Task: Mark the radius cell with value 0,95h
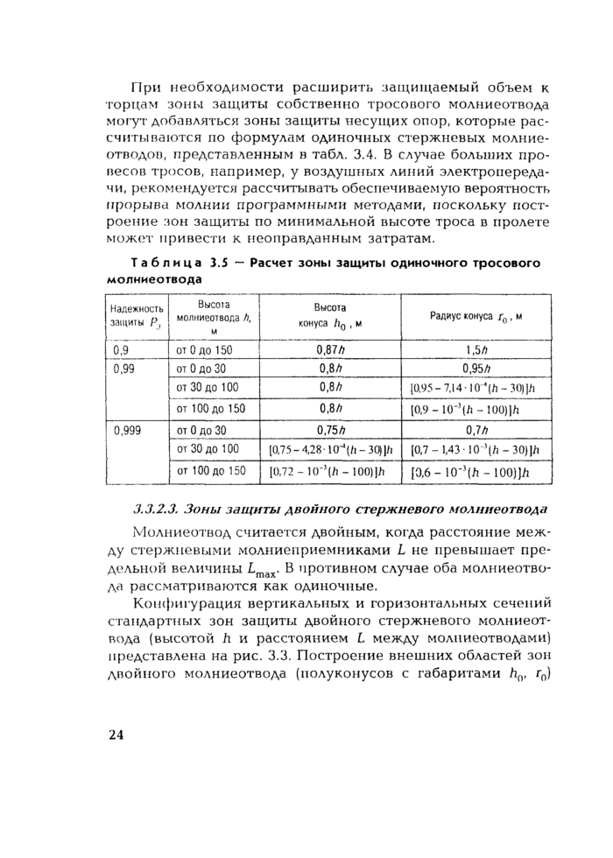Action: (x=476, y=368)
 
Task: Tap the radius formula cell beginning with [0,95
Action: (x=476, y=388)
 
